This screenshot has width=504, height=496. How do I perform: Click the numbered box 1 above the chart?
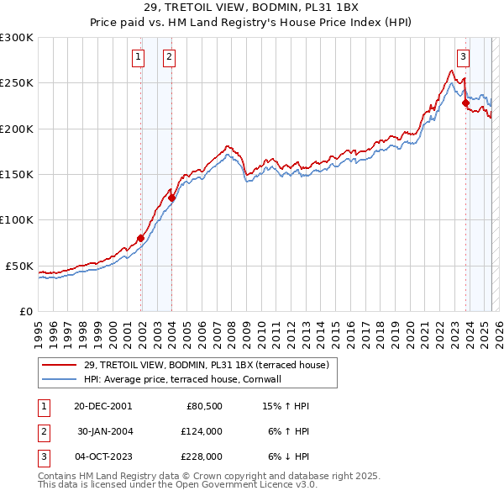[138, 57]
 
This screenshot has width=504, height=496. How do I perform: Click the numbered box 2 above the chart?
[169, 57]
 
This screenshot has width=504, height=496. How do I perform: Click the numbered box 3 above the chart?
[463, 57]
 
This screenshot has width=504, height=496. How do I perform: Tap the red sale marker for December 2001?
[140, 238]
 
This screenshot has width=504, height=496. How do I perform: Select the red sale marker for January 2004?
[171, 198]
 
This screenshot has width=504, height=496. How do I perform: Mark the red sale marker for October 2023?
[465, 103]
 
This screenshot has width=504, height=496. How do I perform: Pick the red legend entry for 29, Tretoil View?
[211, 365]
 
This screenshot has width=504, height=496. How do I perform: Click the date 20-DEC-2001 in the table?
[102, 406]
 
